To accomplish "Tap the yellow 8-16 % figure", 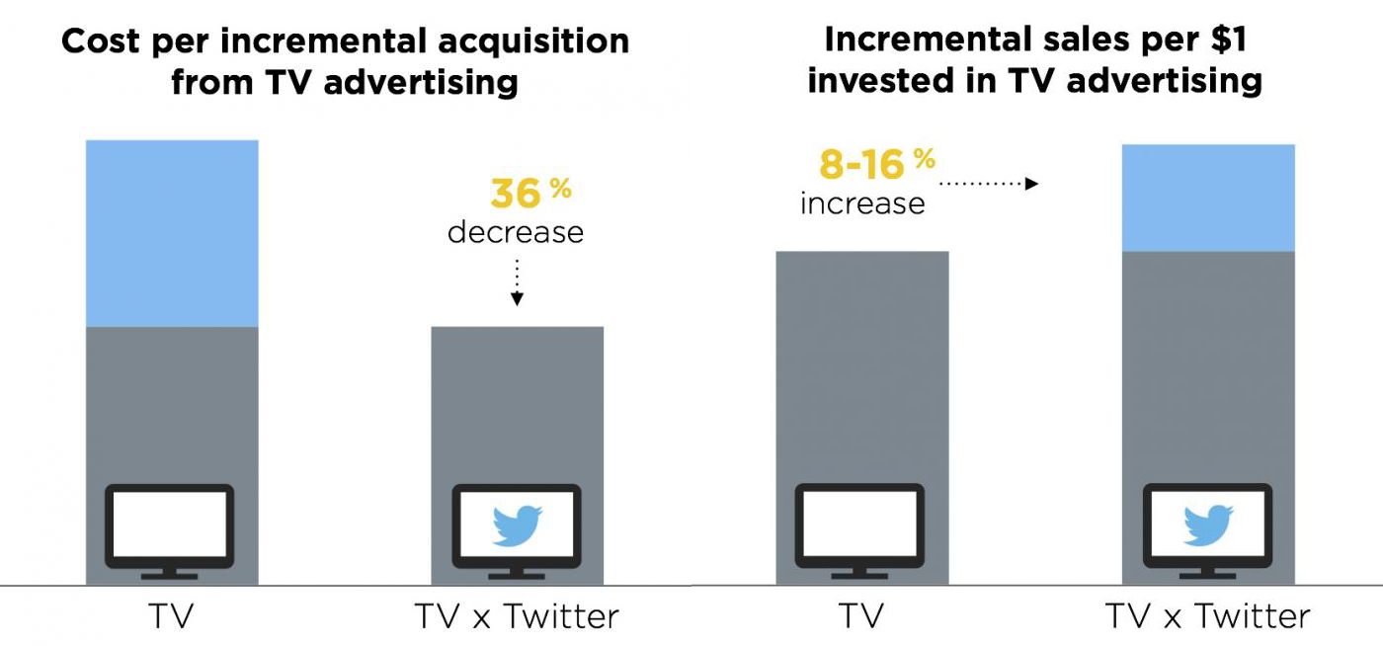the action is click(x=877, y=164).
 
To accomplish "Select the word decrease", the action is click(x=516, y=232).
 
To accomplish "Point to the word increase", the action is click(x=862, y=203).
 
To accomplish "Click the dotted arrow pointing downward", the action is click(x=517, y=283).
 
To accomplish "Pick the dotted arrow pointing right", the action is click(x=989, y=184).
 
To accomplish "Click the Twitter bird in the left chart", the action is click(x=518, y=526).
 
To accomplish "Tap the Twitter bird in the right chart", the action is click(x=1208, y=525).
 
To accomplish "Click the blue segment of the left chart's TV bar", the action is click(x=172, y=233).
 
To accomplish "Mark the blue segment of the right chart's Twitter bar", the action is click(x=1208, y=198).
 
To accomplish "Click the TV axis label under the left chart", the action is click(x=171, y=616).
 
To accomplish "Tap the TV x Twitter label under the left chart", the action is click(x=517, y=616).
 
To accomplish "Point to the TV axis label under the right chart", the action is click(x=861, y=616).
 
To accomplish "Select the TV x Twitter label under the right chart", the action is click(x=1207, y=616).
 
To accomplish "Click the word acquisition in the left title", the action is click(x=533, y=42).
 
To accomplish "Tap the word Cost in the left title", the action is click(x=101, y=41).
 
